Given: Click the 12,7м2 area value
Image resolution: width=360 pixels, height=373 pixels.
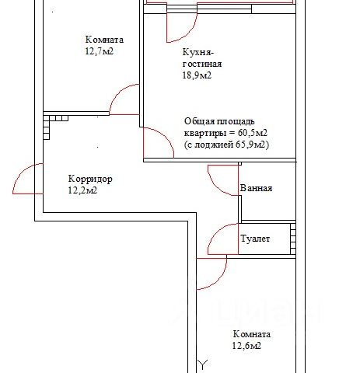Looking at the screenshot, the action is [x=100, y=51].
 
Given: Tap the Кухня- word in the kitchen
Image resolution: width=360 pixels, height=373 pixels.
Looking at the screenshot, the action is [x=198, y=52].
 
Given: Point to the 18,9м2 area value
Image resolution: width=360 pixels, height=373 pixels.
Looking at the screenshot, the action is [x=197, y=75].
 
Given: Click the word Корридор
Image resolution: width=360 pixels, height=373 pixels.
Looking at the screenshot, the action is [x=90, y=179].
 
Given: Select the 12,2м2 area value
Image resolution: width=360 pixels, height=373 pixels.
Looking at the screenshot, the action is [x=82, y=190].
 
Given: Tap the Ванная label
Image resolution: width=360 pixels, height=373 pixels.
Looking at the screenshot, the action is [x=256, y=188].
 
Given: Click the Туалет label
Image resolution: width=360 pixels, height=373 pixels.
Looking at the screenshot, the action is [x=255, y=239].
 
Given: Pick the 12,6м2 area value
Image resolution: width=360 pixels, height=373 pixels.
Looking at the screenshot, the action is [x=246, y=346].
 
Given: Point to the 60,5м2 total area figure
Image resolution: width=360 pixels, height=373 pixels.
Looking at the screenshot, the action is [x=253, y=133].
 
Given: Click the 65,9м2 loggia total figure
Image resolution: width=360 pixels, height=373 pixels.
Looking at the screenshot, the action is [x=250, y=145].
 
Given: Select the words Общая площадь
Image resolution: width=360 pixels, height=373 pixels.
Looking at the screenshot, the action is [x=219, y=121].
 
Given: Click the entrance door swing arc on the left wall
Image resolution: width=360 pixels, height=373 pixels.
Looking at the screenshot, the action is [x=22, y=173].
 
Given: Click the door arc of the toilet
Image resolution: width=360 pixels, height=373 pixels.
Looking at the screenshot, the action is [x=217, y=232].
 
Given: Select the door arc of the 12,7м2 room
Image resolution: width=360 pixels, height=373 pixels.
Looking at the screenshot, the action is [x=118, y=93].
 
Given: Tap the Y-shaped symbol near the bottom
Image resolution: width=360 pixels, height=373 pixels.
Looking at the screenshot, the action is [x=203, y=364].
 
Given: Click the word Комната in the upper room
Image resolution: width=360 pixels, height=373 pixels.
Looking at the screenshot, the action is [x=104, y=40].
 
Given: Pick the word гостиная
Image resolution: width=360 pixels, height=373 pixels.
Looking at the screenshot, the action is [x=202, y=64].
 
